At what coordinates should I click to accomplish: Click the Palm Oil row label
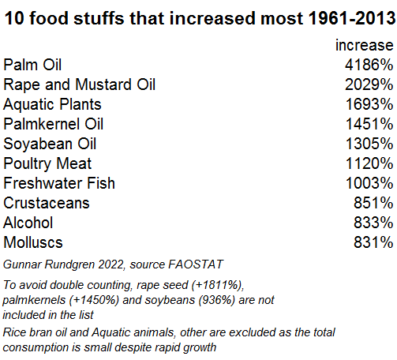32,65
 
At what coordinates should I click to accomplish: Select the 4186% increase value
369,65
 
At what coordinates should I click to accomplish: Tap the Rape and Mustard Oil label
80,84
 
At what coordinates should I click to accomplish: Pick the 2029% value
369,84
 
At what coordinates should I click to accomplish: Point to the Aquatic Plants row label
52,104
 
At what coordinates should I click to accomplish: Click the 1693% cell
369,104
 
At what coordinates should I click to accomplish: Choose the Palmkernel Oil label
54,124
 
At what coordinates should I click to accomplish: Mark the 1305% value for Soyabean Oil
369,144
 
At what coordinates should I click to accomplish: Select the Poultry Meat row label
47,163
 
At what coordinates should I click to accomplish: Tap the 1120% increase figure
369,163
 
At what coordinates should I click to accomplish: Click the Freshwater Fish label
59,183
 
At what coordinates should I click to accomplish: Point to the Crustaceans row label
47,203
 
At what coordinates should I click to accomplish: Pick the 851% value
373,203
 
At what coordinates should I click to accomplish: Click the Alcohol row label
28,223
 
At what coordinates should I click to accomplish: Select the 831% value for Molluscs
373,242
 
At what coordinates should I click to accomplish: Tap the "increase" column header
365,45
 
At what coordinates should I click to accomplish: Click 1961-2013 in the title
352,18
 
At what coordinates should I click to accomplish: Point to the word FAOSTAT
196,264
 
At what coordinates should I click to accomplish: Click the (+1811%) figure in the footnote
218,285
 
